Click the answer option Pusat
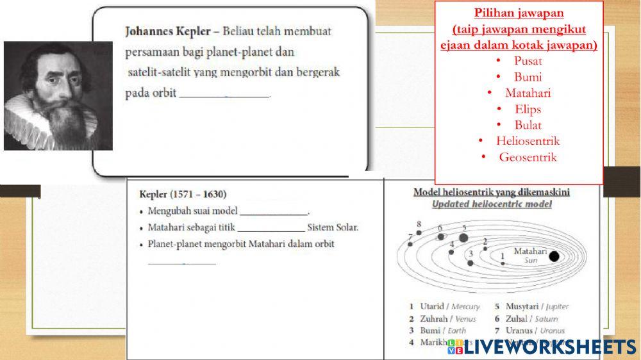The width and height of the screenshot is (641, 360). pos(528,61)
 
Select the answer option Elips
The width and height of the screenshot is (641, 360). pos(528,109)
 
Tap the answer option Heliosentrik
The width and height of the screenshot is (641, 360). pos(528,141)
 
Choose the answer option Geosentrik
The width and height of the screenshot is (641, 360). pos(528,157)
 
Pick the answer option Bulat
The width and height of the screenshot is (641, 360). pos(528,125)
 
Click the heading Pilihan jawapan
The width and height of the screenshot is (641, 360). pos(519,13)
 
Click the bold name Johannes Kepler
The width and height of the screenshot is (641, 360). pos(167,31)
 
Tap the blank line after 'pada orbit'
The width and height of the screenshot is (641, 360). pos(224,94)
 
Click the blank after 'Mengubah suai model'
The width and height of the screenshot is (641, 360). pos(274,211)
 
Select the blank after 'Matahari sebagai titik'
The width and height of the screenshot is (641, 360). pos(271,228)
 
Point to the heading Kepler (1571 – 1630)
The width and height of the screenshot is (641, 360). pos(183,194)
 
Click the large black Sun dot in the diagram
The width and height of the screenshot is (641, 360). pos(554,257)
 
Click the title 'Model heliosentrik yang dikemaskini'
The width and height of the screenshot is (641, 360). pos(492,192)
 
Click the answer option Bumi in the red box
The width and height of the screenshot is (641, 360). pos(528,77)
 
